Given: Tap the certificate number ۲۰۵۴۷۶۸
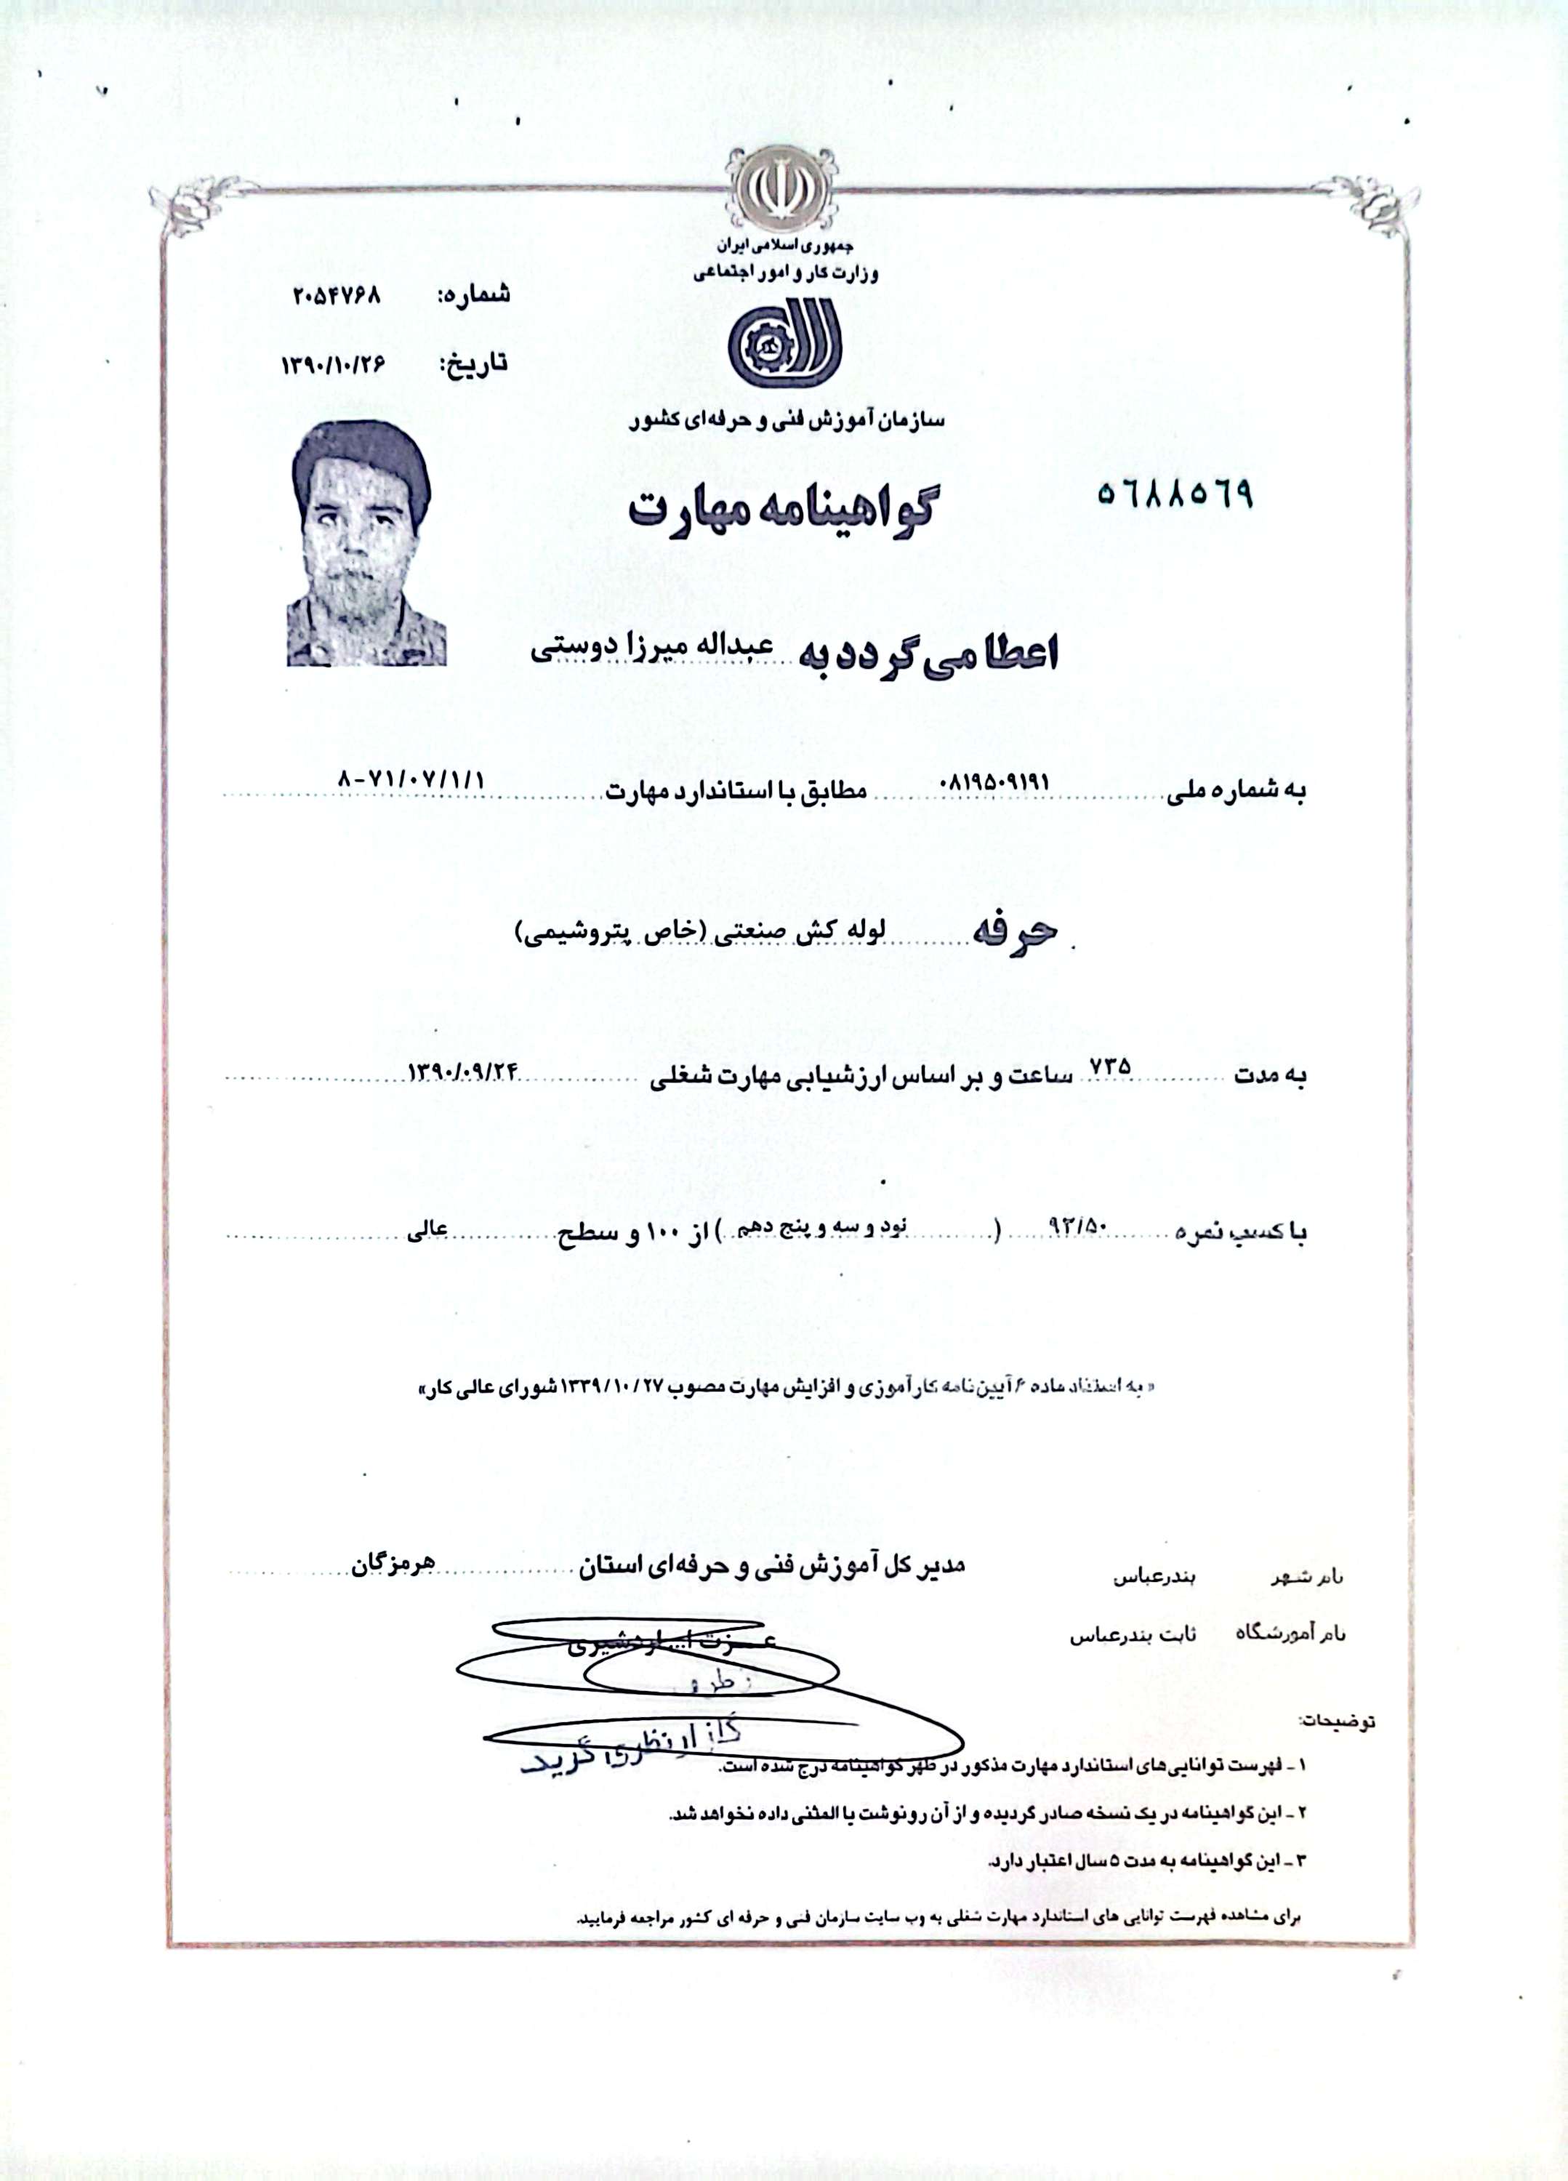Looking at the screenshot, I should pyautogui.click(x=337, y=295).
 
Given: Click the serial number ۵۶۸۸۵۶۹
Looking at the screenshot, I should pyautogui.click(x=1175, y=494).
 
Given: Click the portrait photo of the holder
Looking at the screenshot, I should pyautogui.click(x=366, y=546).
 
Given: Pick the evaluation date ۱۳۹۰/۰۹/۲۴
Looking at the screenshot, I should pyautogui.click(x=465, y=1070).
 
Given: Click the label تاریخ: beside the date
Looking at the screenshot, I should pyautogui.click(x=473, y=363).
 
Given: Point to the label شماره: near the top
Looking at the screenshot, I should pyautogui.click(x=473, y=295).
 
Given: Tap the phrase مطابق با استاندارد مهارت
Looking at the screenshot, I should pyautogui.click(x=736, y=792).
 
